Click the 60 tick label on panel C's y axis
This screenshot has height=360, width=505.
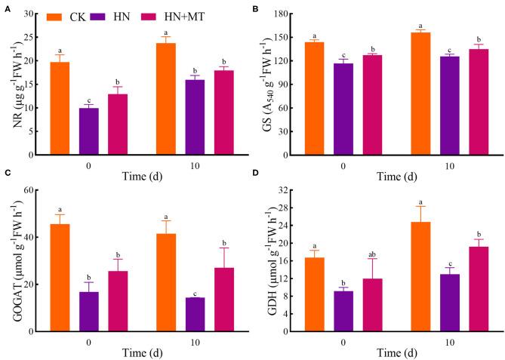coord(35,189)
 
